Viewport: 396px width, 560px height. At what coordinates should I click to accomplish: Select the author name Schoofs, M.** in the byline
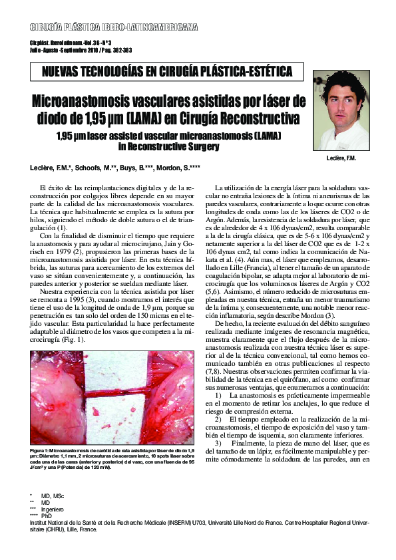point(96,165)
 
